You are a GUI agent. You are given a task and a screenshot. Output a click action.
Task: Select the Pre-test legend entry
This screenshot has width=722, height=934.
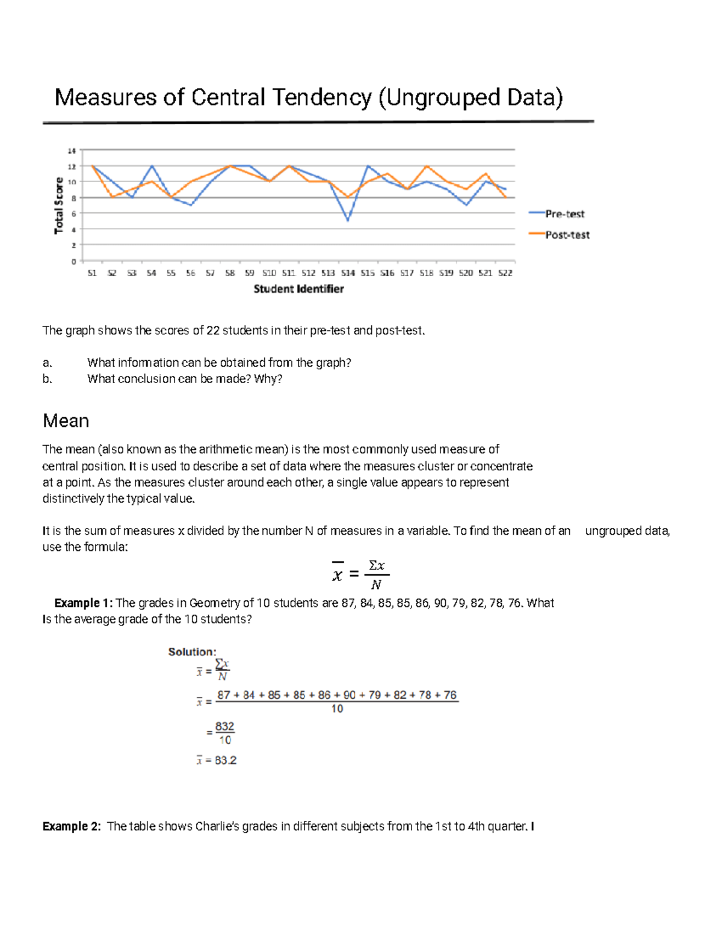[x=564, y=214]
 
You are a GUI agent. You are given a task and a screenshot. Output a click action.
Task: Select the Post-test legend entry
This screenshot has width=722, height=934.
[x=567, y=235]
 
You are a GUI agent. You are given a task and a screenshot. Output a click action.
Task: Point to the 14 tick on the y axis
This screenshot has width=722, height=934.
[x=72, y=150]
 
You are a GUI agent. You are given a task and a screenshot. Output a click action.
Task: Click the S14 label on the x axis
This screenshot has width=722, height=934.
[x=348, y=273]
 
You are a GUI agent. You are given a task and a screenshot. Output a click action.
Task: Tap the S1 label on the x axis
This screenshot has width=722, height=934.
[x=92, y=273]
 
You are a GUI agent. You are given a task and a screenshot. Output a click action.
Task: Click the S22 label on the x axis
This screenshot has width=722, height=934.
[x=505, y=273]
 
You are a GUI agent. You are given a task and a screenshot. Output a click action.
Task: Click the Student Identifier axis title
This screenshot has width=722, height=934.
[x=298, y=289]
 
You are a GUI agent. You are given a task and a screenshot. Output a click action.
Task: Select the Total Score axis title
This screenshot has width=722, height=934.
[x=59, y=206]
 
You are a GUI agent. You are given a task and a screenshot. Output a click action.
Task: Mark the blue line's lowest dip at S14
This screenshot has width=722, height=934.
[x=348, y=221]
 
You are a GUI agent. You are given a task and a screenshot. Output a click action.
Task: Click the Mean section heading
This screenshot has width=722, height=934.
[x=66, y=421]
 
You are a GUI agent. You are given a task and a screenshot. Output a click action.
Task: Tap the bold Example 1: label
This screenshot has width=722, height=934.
[x=83, y=603]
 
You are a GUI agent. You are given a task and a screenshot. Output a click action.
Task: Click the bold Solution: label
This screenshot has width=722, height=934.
[x=192, y=652]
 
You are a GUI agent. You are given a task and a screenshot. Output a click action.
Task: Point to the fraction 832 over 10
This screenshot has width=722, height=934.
[x=224, y=733]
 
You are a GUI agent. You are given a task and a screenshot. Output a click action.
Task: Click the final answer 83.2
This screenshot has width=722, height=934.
[x=226, y=761]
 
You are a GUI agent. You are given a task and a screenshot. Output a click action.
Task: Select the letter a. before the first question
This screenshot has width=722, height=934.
[x=48, y=363]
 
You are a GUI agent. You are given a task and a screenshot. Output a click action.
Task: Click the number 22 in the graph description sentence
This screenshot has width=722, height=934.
[x=213, y=330]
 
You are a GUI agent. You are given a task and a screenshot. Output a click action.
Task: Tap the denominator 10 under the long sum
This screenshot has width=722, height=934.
[x=337, y=709]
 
